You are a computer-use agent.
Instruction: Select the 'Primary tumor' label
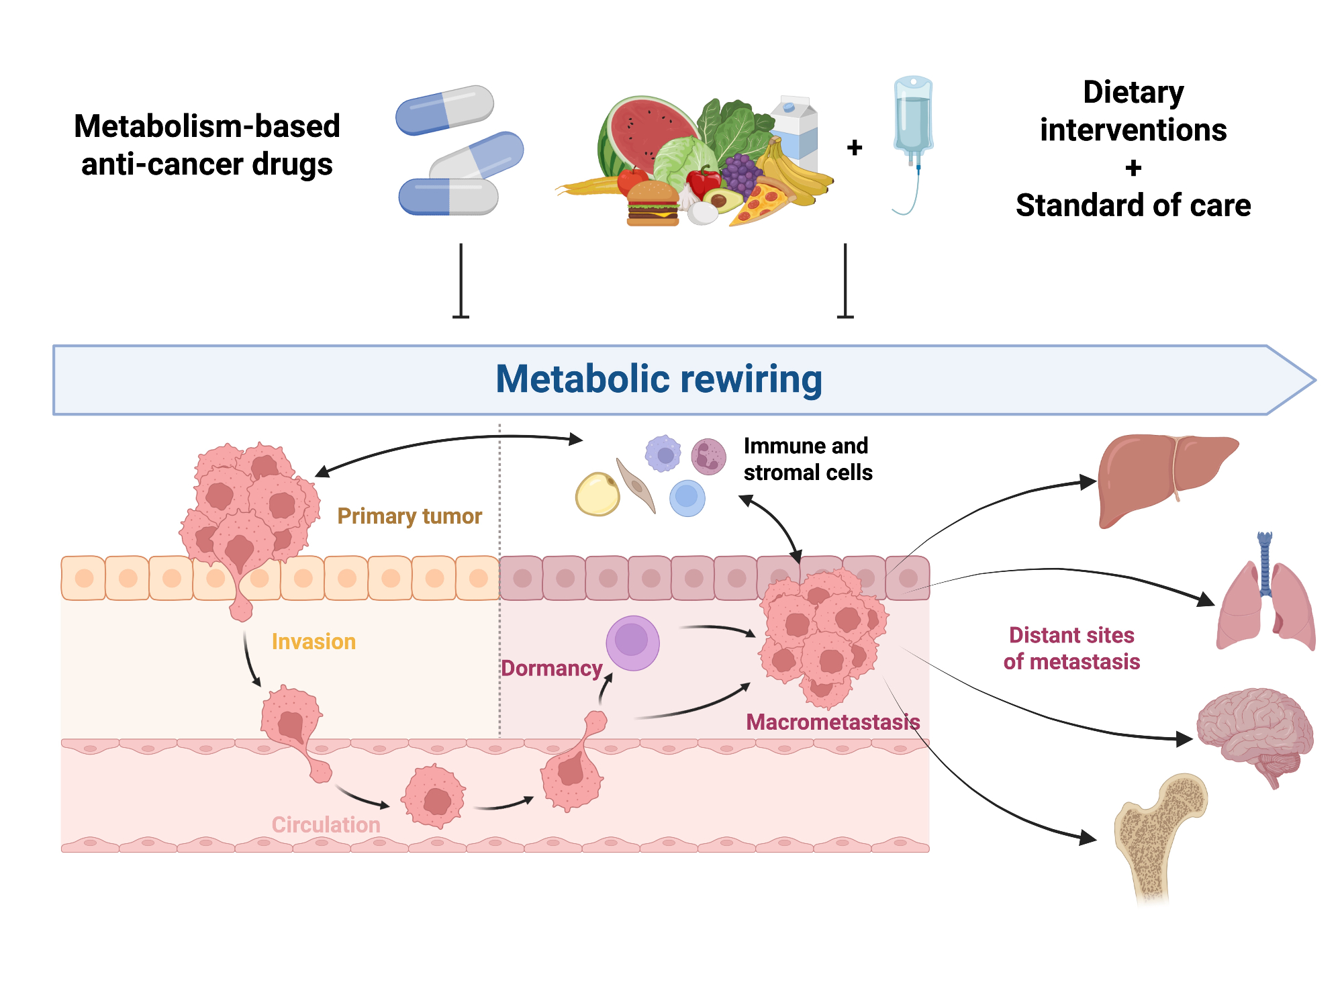[410, 516]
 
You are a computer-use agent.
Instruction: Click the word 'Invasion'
[314, 642]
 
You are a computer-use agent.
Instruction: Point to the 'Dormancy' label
[552, 669]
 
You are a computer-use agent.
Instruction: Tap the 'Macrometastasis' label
[832, 722]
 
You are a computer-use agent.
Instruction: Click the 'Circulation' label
[326, 824]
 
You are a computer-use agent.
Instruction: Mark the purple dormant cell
[632, 642]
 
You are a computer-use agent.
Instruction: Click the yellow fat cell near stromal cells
[597, 495]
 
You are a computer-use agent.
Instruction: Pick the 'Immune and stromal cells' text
[808, 459]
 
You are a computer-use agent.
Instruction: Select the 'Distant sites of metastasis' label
[1071, 648]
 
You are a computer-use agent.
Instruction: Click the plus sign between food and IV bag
[855, 148]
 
